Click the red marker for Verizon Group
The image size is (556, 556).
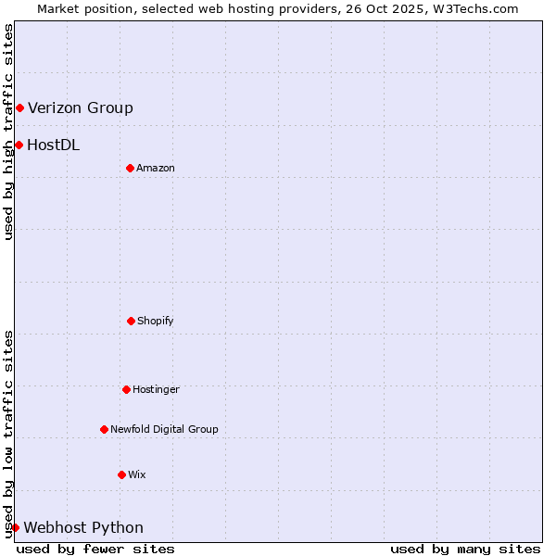pyautogui.click(x=19, y=108)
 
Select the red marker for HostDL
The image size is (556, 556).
pyautogui.click(x=19, y=145)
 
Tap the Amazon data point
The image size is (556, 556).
pyautogui.click(x=130, y=168)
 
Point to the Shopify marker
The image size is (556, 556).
pyautogui.click(x=131, y=321)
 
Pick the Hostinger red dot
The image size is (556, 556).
pyautogui.click(x=126, y=389)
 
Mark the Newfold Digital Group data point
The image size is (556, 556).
pyautogui.click(x=104, y=429)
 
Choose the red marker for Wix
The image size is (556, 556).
pyautogui.click(x=121, y=474)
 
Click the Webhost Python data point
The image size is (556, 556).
pyautogui.click(x=15, y=527)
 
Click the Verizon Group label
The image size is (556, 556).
pyautogui.click(x=81, y=108)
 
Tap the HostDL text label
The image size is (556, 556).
pyautogui.click(x=54, y=145)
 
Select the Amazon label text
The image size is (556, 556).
pyautogui.click(x=156, y=168)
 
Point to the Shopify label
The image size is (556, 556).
pyautogui.click(x=156, y=321)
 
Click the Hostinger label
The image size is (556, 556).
pyautogui.click(x=156, y=389)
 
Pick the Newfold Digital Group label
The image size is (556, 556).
pyautogui.click(x=164, y=429)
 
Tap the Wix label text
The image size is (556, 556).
pyautogui.click(x=137, y=474)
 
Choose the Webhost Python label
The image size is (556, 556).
pyautogui.click(x=83, y=528)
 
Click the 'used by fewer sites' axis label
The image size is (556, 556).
pyautogui.click(x=95, y=549)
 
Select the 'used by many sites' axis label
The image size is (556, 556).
pyautogui.click(x=465, y=549)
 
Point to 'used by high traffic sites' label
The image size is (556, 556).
pyautogui.click(x=9, y=132)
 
